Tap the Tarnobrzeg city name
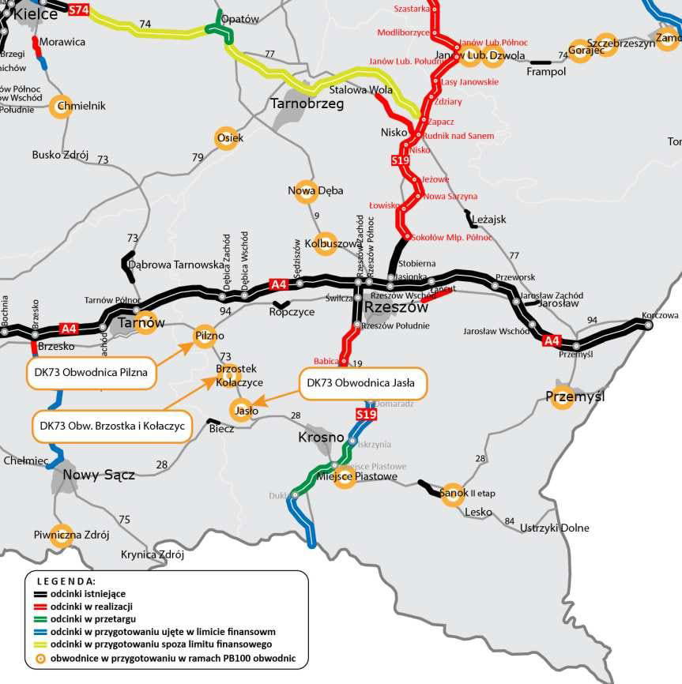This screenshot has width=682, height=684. pos(307,103)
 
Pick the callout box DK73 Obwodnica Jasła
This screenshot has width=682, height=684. pos(363,382)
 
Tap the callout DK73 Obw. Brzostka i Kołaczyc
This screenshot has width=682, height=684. pos(111,425)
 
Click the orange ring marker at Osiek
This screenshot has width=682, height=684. pos(227,138)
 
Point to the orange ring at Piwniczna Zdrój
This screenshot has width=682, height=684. pos(62,535)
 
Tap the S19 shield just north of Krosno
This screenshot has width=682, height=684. pos(367,415)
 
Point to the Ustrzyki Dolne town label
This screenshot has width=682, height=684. pos(555,528)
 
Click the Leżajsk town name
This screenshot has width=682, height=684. pos(488,220)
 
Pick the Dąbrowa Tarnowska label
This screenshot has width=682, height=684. pos(176,265)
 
